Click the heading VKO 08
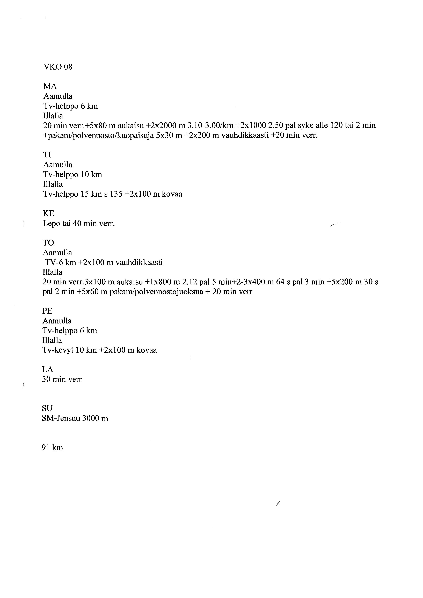[x=58, y=67]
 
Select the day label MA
[x=50, y=86]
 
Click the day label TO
[x=48, y=243]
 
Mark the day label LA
[x=48, y=369]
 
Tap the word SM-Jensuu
[x=61, y=418]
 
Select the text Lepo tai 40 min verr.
[x=79, y=224]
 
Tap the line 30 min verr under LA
[x=62, y=379]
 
